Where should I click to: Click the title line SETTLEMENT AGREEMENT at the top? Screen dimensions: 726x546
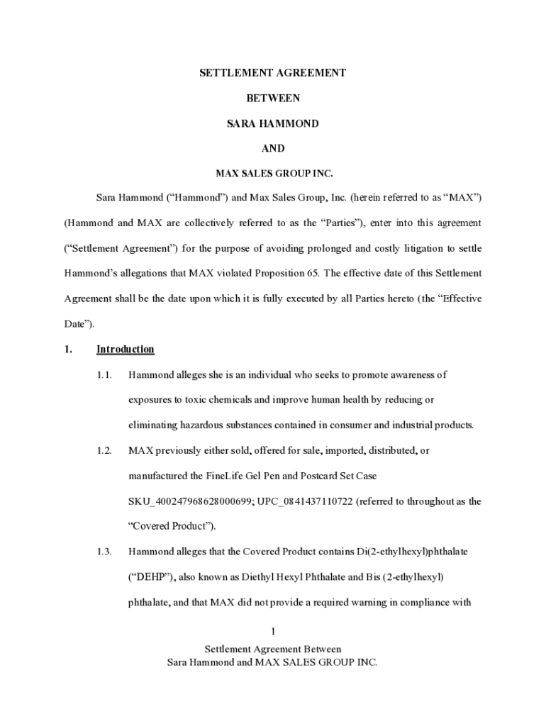(273, 72)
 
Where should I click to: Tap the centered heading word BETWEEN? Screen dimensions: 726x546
(273, 98)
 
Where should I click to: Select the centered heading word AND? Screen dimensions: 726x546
(273, 148)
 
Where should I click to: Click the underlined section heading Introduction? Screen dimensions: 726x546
(126, 349)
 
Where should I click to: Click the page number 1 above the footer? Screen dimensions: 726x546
(273, 631)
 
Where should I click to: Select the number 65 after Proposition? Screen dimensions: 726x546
(310, 273)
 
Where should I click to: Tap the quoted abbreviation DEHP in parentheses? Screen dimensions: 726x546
(147, 577)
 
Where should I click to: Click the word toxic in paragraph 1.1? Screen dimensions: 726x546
(195, 400)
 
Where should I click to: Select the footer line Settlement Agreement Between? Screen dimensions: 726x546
(273, 649)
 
